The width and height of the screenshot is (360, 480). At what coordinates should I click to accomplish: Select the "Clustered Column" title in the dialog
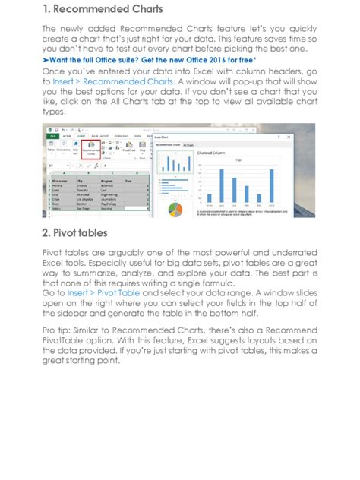tap(214, 153)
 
